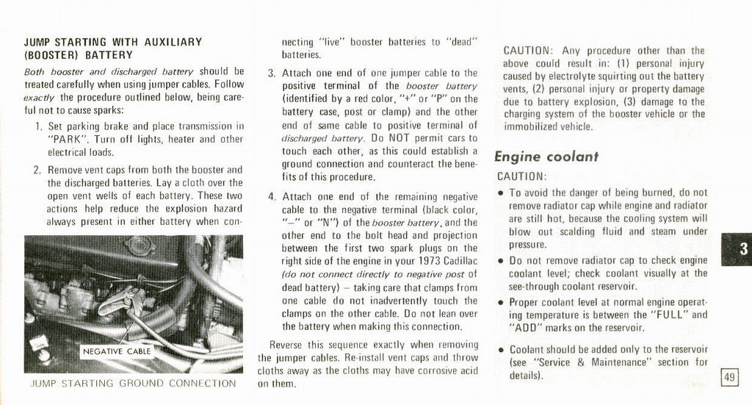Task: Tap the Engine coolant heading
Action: click(546, 157)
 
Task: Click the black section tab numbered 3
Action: click(737, 248)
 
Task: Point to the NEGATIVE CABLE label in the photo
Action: click(116, 351)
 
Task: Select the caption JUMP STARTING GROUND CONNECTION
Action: click(133, 383)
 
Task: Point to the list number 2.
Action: click(37, 170)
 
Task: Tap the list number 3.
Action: click(271, 73)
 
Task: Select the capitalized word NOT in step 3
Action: click(403, 138)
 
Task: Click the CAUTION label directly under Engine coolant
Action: click(521, 176)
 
